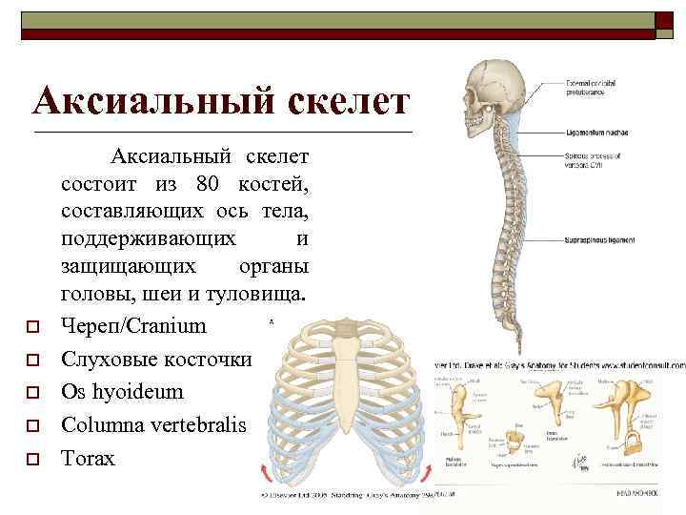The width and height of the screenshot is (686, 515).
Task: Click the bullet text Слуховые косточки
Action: point(154,359)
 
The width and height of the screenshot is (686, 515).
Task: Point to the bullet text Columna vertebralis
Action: point(153,425)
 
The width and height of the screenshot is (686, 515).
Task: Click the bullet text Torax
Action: point(88,459)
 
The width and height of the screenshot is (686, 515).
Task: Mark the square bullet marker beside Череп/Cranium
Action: point(31,327)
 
